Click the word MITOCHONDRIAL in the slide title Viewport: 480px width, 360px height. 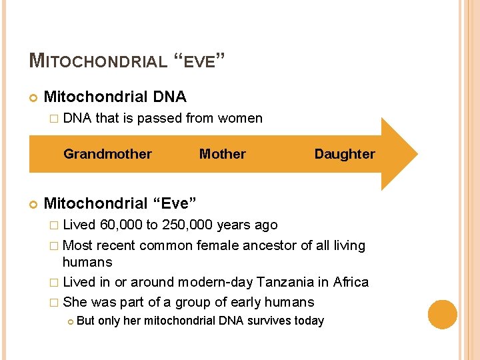[x=98, y=61]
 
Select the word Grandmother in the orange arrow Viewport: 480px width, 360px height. [x=107, y=154]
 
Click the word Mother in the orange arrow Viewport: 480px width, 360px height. [x=222, y=154]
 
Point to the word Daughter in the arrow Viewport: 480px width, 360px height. [x=345, y=154]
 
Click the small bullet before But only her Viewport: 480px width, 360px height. [x=69, y=321]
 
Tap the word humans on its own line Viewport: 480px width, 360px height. [x=87, y=262]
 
